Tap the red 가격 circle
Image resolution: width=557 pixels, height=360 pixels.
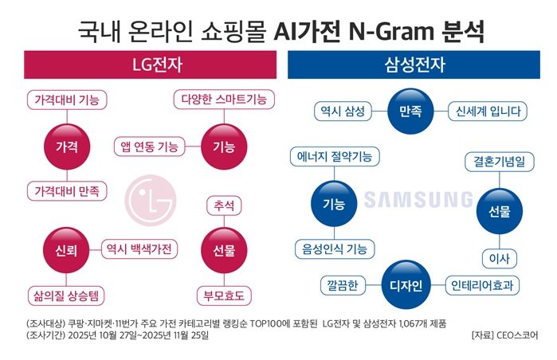coord(66,147)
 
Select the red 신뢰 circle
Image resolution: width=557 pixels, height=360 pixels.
coord(66,250)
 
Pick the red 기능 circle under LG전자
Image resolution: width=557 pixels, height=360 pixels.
coord(224,147)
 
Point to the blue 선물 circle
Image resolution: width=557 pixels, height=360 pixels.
coord(499,211)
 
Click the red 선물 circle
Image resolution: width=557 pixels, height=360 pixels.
coord(224,250)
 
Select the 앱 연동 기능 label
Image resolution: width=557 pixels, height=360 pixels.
coord(149,147)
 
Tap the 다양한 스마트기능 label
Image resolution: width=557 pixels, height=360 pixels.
coord(224,100)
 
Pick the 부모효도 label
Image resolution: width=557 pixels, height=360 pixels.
coord(224,295)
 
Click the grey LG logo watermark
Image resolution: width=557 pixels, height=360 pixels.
coord(151,199)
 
